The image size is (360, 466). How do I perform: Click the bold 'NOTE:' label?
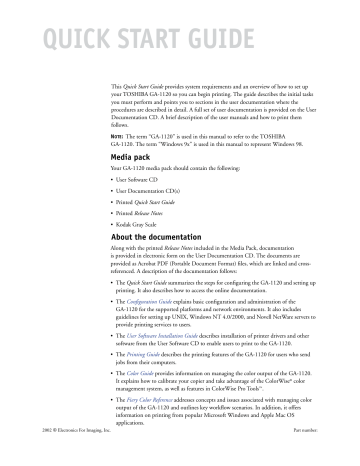tap(118, 133)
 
